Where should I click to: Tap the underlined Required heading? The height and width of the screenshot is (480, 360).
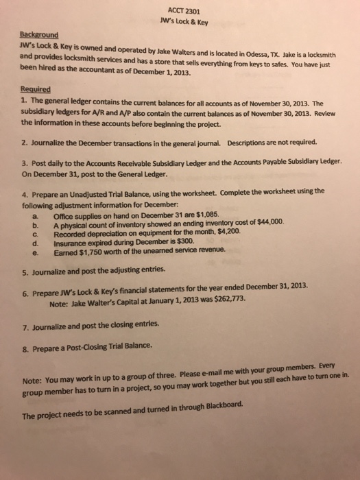tap(35, 88)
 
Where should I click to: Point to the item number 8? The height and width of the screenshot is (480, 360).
tap(23, 346)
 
